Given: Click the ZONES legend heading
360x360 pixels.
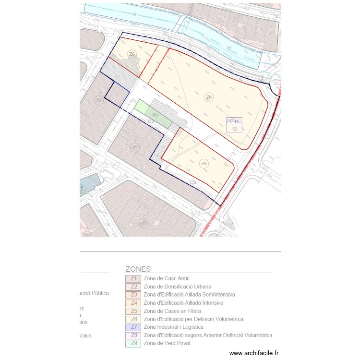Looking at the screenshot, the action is click(138, 269).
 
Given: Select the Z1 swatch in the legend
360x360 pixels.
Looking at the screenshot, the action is click(132, 278).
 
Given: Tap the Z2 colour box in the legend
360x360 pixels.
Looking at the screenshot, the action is click(132, 287).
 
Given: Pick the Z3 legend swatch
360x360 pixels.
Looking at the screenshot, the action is click(132, 295).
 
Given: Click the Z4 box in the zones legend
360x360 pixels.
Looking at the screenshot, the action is click(132, 303).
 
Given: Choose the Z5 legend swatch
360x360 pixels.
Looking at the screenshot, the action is click(132, 311).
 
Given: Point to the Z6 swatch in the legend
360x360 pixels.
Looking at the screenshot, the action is click(132, 319).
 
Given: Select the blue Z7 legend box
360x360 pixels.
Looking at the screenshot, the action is click(132, 327).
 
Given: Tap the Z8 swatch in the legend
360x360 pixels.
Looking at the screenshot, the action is click(132, 336).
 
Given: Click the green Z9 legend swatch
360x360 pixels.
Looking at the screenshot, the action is click(132, 344).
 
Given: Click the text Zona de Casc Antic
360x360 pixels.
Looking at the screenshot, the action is click(166, 278).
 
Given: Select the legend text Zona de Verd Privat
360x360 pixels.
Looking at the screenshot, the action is click(167, 344).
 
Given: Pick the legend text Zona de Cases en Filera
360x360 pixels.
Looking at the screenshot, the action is click(172, 311).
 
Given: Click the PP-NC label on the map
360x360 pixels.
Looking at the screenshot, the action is click(234, 122).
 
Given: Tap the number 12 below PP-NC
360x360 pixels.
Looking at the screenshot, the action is click(234, 129).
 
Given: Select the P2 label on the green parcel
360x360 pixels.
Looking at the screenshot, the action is click(155, 116).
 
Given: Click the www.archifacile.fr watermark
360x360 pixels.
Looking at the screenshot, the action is click(253, 353).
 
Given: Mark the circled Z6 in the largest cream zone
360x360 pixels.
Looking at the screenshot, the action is click(209, 97).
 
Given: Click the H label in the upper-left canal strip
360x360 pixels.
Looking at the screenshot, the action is click(134, 15).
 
